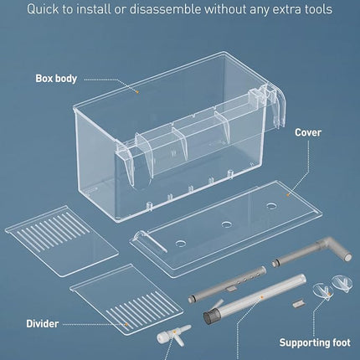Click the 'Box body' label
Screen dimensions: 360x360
pos(55,78)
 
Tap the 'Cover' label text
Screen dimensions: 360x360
pos(309,131)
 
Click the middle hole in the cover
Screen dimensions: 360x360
pos(226,224)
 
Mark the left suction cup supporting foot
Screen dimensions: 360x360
pos(321,292)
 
